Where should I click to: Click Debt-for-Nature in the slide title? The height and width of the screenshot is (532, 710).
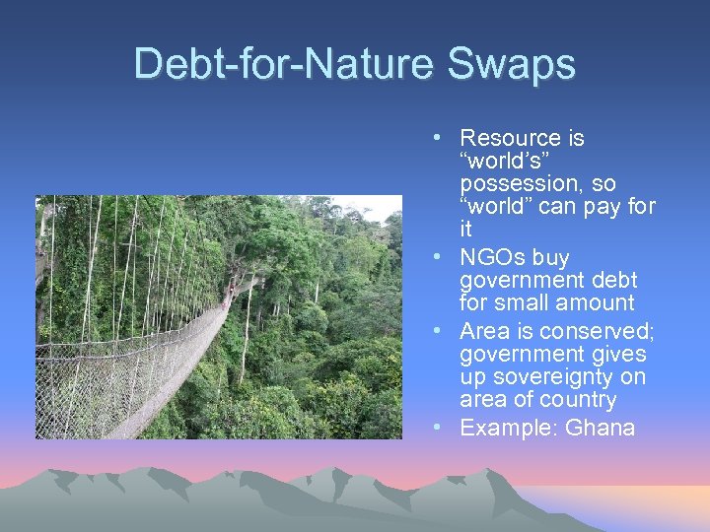pyautogui.click(x=286, y=64)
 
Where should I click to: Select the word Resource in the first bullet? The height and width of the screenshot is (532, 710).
pyautogui.click(x=508, y=138)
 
